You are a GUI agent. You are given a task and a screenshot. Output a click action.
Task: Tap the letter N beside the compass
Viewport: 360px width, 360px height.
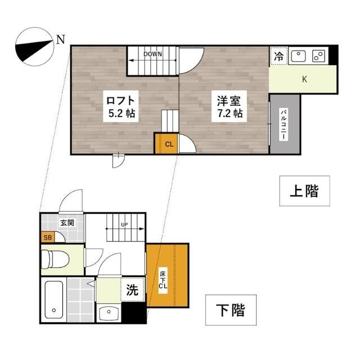61,39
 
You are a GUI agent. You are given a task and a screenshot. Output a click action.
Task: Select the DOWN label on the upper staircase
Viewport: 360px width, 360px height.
152,54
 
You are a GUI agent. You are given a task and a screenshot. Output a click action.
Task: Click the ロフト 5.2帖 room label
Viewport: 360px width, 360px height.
120,107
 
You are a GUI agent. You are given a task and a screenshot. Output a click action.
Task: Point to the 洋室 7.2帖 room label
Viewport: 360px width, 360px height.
230,107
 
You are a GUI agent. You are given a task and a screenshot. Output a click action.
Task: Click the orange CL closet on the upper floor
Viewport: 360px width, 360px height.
168,143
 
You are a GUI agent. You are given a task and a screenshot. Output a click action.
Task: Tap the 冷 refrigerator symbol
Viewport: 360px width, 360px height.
278,56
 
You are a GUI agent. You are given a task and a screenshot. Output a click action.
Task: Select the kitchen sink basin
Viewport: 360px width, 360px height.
298,56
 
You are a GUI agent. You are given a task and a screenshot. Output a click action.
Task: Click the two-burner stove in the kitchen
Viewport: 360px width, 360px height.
318,56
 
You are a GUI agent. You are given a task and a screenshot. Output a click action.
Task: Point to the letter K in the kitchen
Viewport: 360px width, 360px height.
304,79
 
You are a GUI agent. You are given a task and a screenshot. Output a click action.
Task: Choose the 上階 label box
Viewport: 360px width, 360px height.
304,191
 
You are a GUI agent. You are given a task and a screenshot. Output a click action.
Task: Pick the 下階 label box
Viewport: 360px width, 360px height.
231,310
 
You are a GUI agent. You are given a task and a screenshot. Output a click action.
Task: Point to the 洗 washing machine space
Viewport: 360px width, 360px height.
132,291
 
